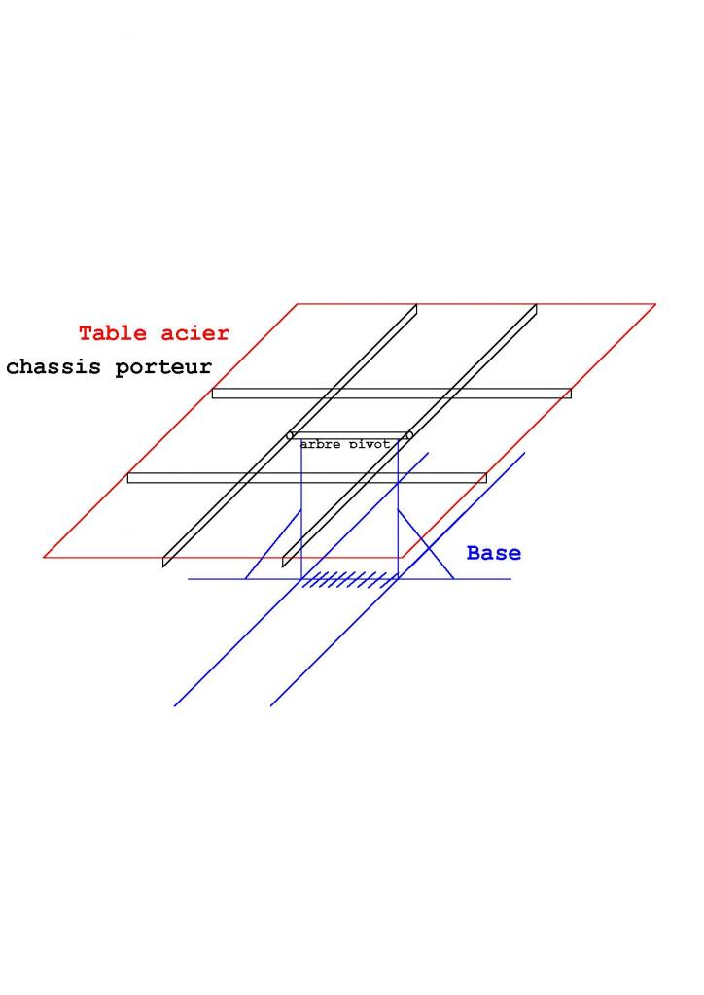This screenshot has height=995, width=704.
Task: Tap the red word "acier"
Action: (x=198, y=333)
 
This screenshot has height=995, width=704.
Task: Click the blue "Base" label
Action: (x=493, y=553)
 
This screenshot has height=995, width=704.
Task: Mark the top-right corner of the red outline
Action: (x=655, y=304)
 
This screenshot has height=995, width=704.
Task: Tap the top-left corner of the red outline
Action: (x=298, y=304)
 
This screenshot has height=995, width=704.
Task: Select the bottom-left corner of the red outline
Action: (x=44, y=557)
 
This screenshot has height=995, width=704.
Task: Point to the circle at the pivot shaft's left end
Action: (x=291, y=435)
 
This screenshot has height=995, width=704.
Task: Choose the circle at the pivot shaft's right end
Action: (x=408, y=435)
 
